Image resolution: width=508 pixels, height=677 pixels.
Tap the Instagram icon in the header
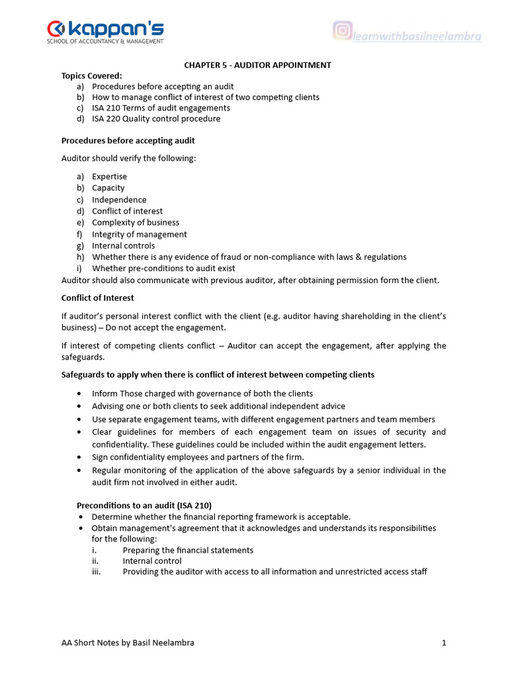click(342, 30)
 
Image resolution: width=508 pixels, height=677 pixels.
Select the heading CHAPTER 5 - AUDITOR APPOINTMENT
click(257, 65)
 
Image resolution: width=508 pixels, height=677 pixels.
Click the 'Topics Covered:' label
click(92, 75)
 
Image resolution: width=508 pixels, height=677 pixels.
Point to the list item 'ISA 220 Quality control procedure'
click(156, 119)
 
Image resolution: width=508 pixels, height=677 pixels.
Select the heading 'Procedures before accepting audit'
click(128, 141)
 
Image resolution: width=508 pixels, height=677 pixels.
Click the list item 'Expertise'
click(109, 177)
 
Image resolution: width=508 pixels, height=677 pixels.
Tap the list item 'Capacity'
click(108, 188)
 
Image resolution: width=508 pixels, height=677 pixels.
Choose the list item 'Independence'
click(119, 200)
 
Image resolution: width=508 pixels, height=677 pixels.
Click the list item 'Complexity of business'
click(136, 222)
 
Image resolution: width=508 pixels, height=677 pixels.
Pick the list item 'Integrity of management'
click(139, 234)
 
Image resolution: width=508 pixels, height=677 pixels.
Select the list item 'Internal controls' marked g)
click(123, 245)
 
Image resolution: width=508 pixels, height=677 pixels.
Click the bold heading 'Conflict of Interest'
click(97, 298)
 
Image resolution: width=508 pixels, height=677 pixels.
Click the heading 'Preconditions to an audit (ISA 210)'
click(144, 505)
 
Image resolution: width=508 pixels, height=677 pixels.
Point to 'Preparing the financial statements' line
click(188, 550)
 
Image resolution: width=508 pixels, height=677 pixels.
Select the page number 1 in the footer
click(444, 643)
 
